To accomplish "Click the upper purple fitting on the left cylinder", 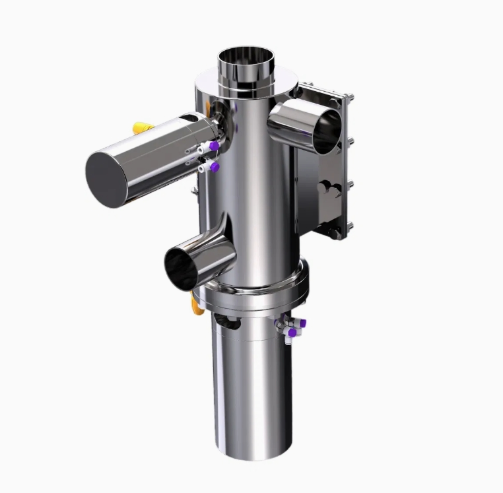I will (213, 145).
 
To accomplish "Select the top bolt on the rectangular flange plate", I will (349, 98).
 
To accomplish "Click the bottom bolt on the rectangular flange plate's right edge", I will (349, 228).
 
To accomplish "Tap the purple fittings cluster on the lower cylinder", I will (293, 327).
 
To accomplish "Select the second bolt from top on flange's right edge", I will (349, 141).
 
